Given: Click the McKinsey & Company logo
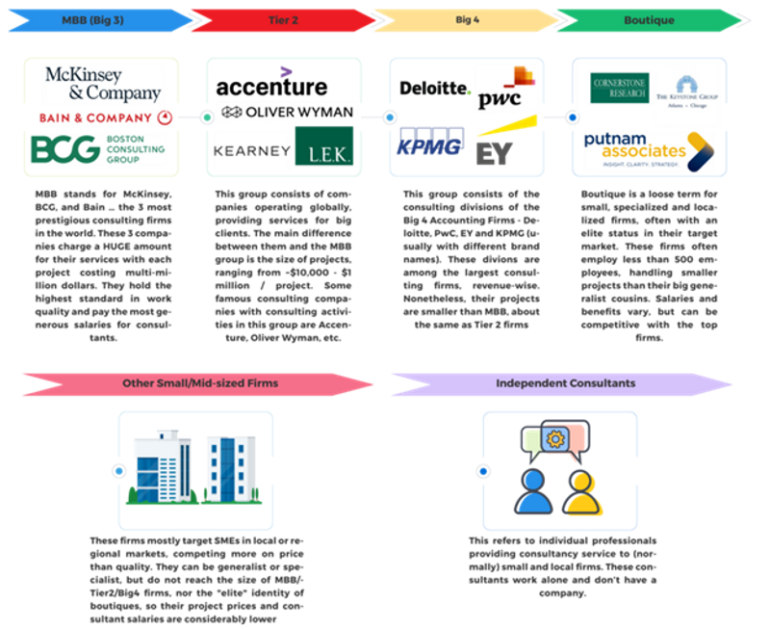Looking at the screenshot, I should [102, 84].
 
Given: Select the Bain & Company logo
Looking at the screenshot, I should [102, 118].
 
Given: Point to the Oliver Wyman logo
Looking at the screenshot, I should [286, 113].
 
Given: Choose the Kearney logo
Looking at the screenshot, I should [252, 152].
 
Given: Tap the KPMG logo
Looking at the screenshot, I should [431, 144].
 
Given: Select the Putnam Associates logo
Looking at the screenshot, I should [646, 150].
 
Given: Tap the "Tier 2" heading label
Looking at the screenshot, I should [279, 17].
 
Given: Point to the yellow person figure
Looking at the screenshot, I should [581, 492].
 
